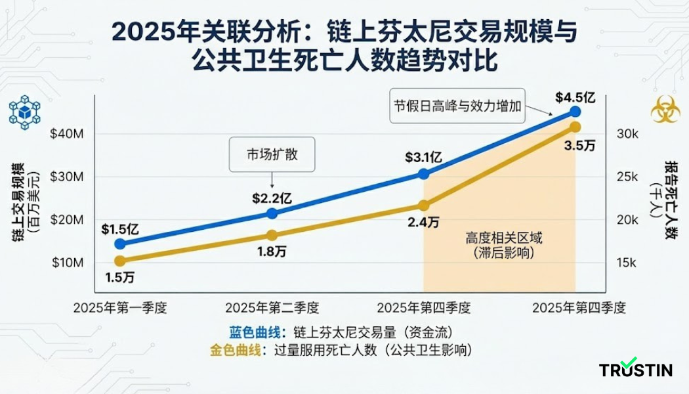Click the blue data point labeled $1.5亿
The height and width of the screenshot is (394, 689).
tap(119, 244)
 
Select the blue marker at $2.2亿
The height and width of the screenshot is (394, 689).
tap(272, 213)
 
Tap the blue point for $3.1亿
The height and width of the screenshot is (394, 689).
tap(424, 174)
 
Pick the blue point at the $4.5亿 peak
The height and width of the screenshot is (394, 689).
tap(575, 112)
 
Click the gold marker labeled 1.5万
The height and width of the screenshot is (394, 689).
tap(119, 261)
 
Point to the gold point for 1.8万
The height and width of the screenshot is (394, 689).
tap(272, 235)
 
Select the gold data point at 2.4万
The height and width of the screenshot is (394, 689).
tap(424, 206)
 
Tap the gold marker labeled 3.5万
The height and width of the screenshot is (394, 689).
tap(575, 127)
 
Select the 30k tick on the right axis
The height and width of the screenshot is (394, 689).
tap(627, 134)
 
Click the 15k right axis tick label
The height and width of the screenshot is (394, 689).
tap(627, 263)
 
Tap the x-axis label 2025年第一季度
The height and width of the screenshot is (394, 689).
tap(119, 307)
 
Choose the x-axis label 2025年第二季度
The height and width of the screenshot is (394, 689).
tap(272, 307)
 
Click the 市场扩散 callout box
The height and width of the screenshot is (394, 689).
tap(272, 155)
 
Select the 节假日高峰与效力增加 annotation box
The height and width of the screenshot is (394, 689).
tap(458, 105)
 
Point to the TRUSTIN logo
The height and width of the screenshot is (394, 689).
tap(635, 369)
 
